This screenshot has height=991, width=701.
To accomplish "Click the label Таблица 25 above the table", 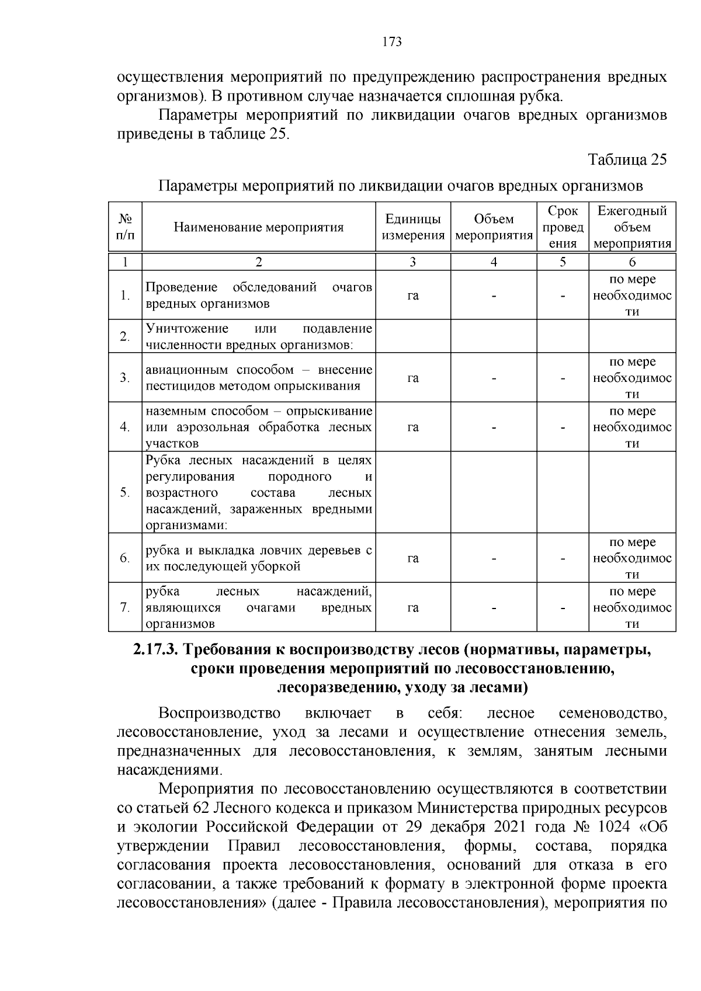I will pos(627,159).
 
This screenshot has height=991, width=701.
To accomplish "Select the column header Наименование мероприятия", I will pos(259,227).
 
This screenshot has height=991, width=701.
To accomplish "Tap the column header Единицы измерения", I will pos(413,227).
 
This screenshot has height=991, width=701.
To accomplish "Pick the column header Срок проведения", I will pos(563,227).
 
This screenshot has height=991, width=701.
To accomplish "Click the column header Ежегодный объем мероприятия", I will pos(632,227).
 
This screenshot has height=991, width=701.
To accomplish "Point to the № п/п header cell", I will pos(125,227).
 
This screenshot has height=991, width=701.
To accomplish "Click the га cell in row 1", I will pos(413,295).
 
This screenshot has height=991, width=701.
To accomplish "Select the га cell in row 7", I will pos(413,608).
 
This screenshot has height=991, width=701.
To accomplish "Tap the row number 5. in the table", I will pos(125,492).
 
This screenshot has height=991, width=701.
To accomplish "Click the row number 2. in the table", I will pos(125,336).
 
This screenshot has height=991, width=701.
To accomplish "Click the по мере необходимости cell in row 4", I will pos(632,427).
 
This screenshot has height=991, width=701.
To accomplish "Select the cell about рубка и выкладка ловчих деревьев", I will pos(259,558).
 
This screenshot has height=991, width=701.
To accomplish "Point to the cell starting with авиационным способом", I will pos(259,378).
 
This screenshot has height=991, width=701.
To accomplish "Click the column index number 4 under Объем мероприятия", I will pos(494,262).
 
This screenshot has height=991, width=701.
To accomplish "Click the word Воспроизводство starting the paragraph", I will pos(219,714).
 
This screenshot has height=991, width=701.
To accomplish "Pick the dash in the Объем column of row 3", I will pos(494,378).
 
